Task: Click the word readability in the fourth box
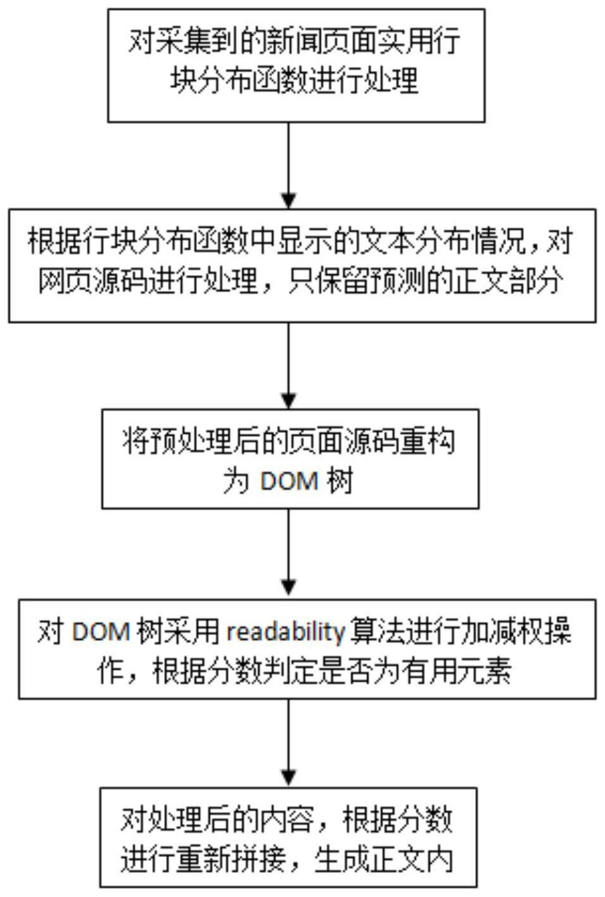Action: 285,632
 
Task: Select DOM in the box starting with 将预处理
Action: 290,481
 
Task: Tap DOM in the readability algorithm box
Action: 101,632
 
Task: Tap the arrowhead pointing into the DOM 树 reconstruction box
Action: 288,401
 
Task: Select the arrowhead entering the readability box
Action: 288,588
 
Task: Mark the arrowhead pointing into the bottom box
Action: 288,777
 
